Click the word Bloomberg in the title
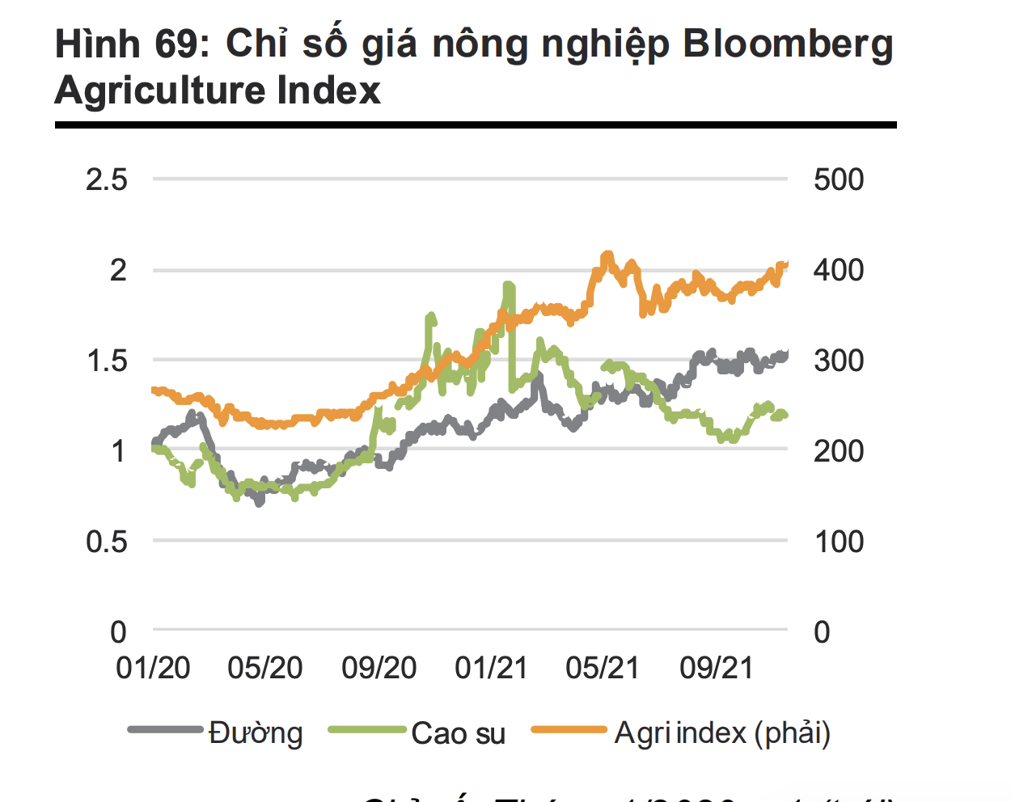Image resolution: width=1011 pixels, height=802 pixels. [788, 45]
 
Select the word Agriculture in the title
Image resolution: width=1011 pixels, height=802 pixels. [160, 91]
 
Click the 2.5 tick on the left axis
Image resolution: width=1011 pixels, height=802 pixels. [107, 179]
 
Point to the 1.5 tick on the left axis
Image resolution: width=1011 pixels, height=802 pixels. [107, 361]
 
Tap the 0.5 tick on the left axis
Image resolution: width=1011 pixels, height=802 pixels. [107, 542]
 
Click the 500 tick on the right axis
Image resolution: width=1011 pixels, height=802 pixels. [839, 179]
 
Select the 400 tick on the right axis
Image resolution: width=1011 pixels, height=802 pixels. [839, 270]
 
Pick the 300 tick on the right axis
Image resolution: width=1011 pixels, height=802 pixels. [839, 361]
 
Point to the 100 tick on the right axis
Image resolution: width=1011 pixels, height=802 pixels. [839, 542]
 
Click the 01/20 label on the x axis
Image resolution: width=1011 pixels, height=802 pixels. [153, 669]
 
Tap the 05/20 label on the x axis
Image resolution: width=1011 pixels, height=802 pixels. [265, 669]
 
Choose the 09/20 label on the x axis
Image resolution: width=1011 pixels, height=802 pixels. [379, 669]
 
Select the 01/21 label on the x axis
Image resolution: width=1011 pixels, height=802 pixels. [491, 669]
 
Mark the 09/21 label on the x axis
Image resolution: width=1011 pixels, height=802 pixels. [717, 669]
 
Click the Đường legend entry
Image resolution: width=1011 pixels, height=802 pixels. [256, 733]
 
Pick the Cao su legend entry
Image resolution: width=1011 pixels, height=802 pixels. [458, 733]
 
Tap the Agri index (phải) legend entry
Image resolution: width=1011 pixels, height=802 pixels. [722, 733]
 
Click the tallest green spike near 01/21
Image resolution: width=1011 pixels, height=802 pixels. [509, 285]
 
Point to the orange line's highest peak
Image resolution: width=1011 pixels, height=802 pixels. [607, 255]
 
